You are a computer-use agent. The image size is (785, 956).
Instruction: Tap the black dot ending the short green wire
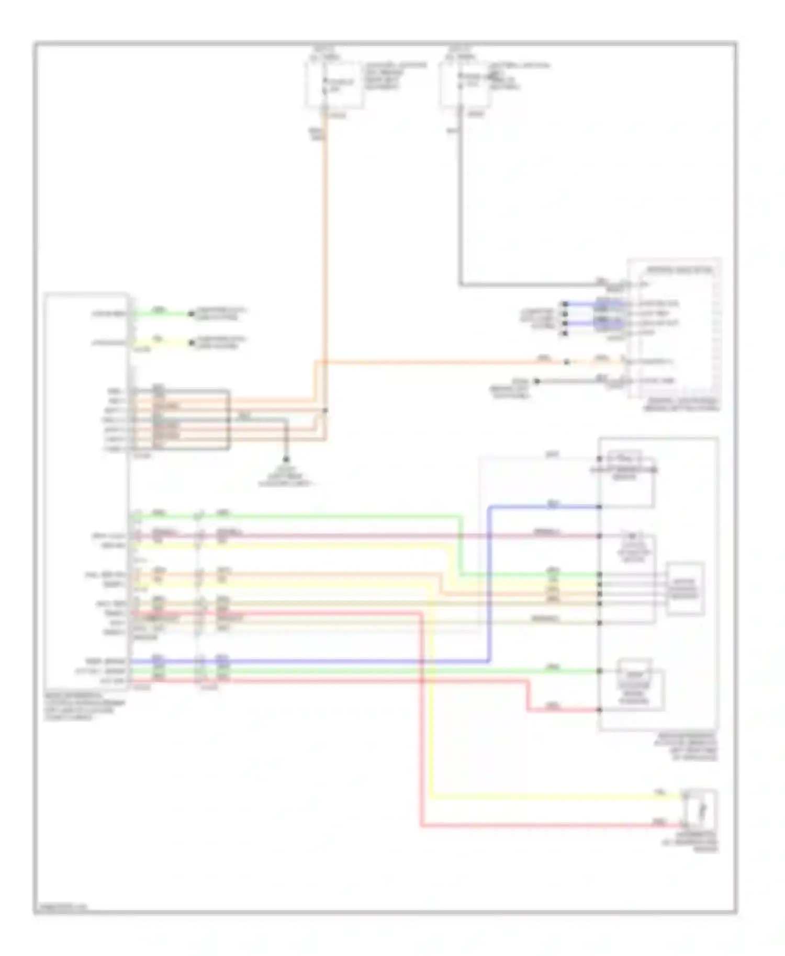tap(192, 314)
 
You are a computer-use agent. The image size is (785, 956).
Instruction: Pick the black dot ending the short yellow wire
tap(192, 343)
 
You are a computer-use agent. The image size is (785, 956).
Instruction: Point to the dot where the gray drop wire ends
tap(286, 459)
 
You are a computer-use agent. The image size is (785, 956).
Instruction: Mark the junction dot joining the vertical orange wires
tap(325, 411)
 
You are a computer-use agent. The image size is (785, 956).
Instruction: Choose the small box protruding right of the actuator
tap(685, 588)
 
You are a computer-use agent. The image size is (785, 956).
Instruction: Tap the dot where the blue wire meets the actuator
tap(599, 507)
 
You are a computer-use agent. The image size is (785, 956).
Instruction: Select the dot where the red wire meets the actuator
tap(599, 710)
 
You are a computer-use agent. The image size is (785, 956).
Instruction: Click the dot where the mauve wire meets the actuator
tap(599, 536)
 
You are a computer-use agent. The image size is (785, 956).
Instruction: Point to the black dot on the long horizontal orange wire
tap(567, 361)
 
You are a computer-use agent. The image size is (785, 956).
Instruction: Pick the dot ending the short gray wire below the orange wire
tap(536, 381)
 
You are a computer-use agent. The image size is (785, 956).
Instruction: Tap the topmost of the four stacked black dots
tap(565, 304)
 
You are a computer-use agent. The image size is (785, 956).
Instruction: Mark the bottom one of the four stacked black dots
tap(565, 333)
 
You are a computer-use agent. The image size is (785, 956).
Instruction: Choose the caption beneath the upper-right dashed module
tap(682, 405)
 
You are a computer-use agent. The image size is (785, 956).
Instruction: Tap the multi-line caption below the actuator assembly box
tap(687, 746)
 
